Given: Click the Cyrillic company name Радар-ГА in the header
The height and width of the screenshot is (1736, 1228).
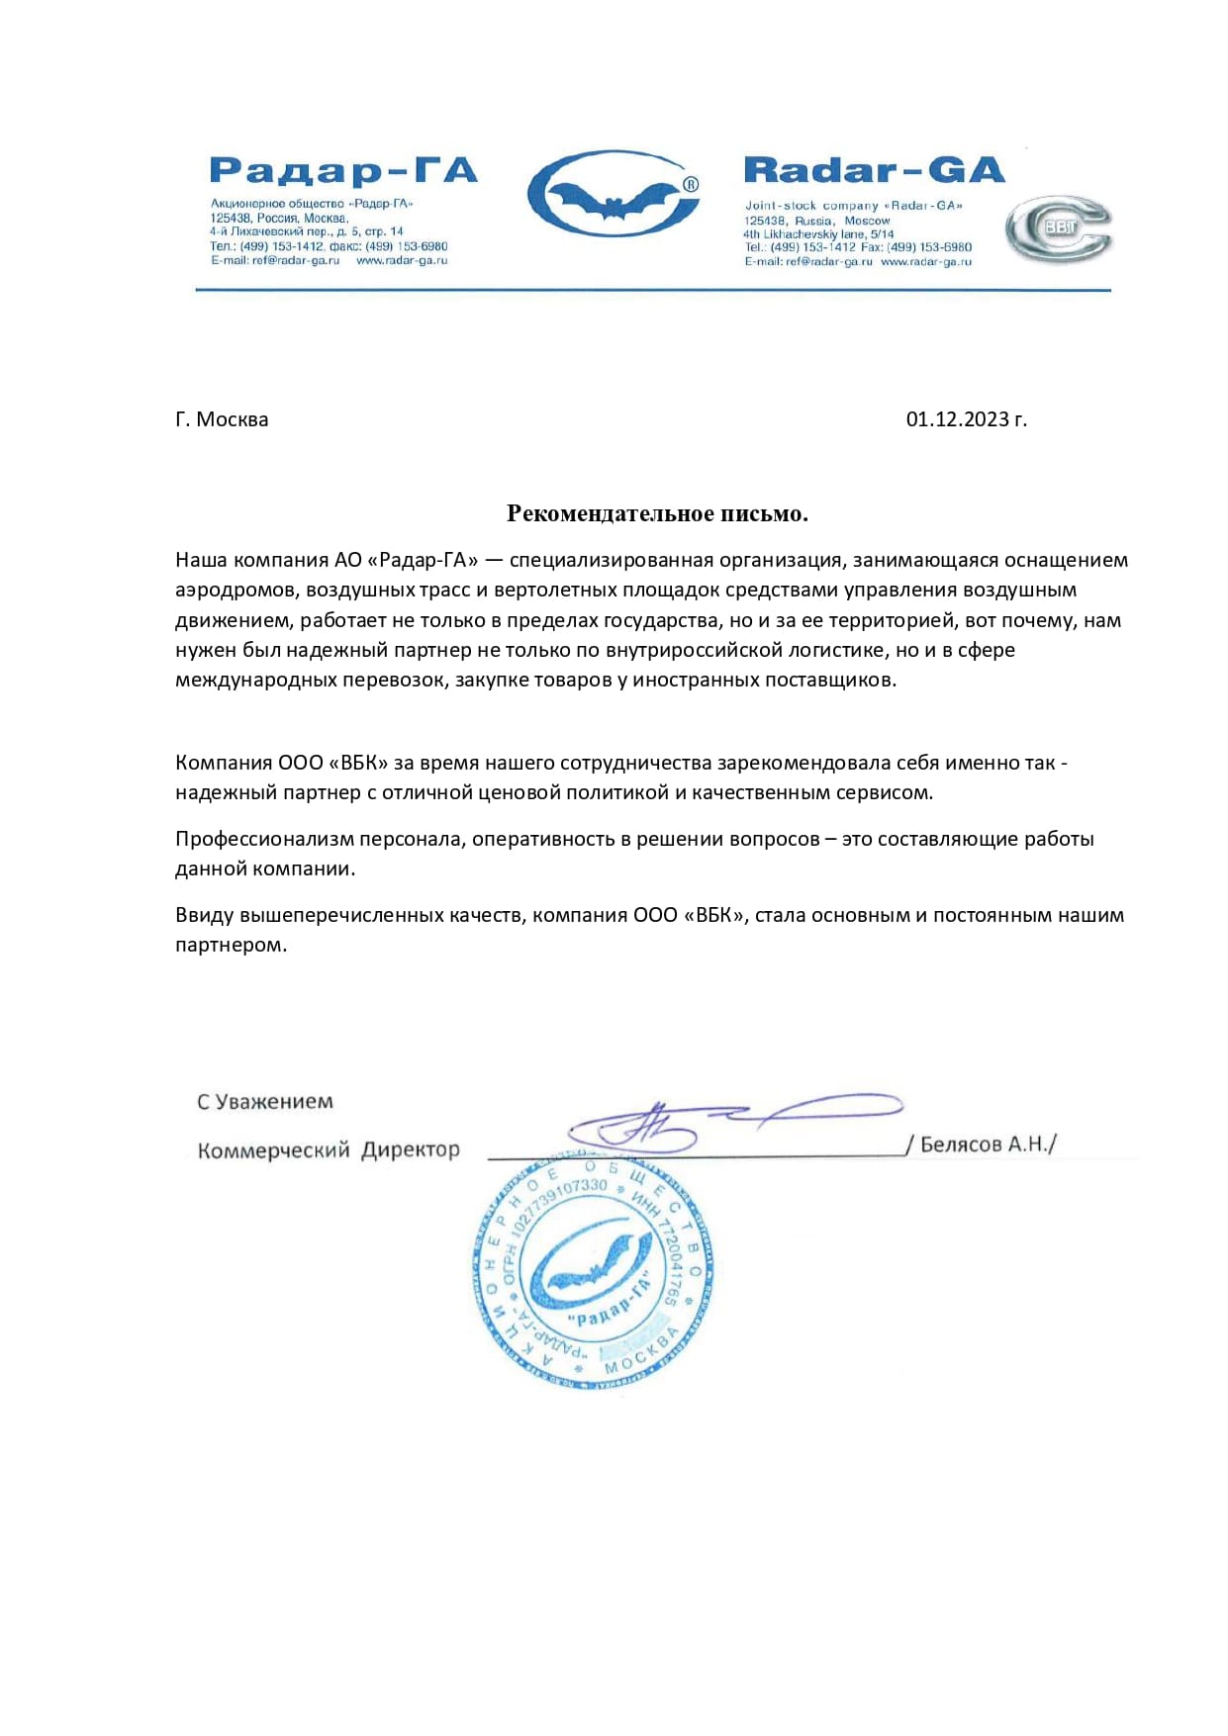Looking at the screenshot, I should (x=343, y=171).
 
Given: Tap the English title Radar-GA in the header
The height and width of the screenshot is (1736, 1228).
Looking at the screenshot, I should (x=874, y=170).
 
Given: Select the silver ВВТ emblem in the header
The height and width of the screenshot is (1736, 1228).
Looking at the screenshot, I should (x=1058, y=229).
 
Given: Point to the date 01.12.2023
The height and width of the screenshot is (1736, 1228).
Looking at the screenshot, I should (x=966, y=419).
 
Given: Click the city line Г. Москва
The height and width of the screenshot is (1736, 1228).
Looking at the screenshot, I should (x=222, y=419).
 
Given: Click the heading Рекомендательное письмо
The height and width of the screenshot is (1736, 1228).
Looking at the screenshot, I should (x=657, y=512).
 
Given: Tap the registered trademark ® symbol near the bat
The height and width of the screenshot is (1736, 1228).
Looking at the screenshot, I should (x=691, y=184).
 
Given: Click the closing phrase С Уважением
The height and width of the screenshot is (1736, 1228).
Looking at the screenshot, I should (x=265, y=1101).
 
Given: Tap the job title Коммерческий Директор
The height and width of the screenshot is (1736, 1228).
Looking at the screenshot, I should (x=329, y=1149).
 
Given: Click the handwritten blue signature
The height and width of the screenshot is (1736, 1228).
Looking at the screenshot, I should (x=693, y=1121).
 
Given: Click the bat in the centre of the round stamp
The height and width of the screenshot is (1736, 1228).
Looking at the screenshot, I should (x=594, y=1269).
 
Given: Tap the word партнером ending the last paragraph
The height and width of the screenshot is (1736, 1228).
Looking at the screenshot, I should (x=231, y=945).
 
